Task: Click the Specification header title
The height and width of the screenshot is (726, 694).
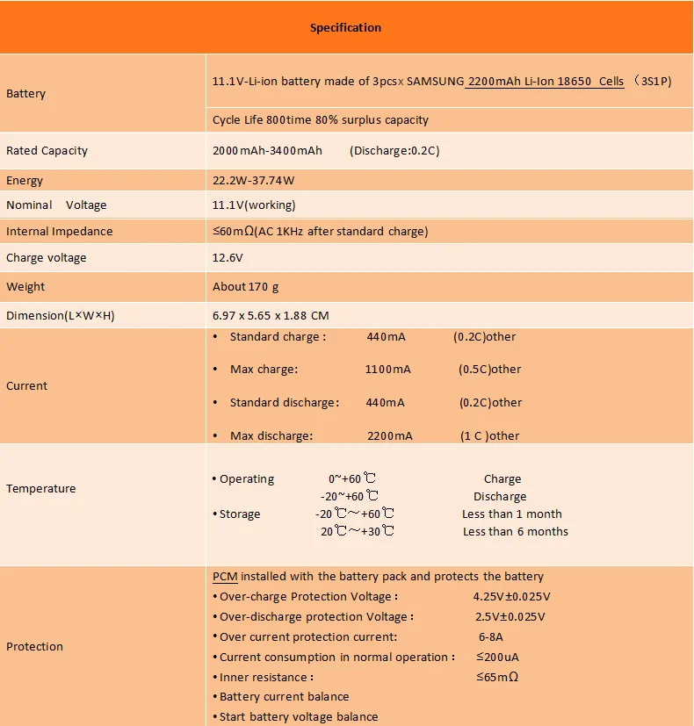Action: click(345, 27)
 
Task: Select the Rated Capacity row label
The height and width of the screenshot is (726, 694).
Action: click(47, 150)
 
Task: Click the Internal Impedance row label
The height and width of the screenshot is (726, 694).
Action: click(59, 231)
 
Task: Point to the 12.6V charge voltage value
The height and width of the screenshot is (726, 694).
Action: click(228, 258)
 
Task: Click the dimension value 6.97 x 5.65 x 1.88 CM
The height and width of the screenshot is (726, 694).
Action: click(271, 315)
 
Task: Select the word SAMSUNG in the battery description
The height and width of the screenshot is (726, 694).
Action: click(435, 82)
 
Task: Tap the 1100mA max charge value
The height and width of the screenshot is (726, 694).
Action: click(387, 370)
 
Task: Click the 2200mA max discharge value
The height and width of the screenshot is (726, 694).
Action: click(389, 435)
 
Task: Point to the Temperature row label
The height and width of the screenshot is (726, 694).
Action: click(40, 488)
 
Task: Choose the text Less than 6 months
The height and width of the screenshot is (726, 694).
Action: click(515, 531)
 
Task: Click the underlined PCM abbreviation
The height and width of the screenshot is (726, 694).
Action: click(225, 577)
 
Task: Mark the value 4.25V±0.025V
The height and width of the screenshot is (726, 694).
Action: click(511, 597)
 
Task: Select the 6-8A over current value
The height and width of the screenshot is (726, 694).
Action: click(490, 636)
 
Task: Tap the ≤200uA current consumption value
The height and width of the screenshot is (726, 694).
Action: click(498, 657)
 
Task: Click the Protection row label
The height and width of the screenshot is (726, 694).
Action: click(34, 646)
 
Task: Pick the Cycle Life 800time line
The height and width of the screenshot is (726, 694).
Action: click(320, 119)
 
